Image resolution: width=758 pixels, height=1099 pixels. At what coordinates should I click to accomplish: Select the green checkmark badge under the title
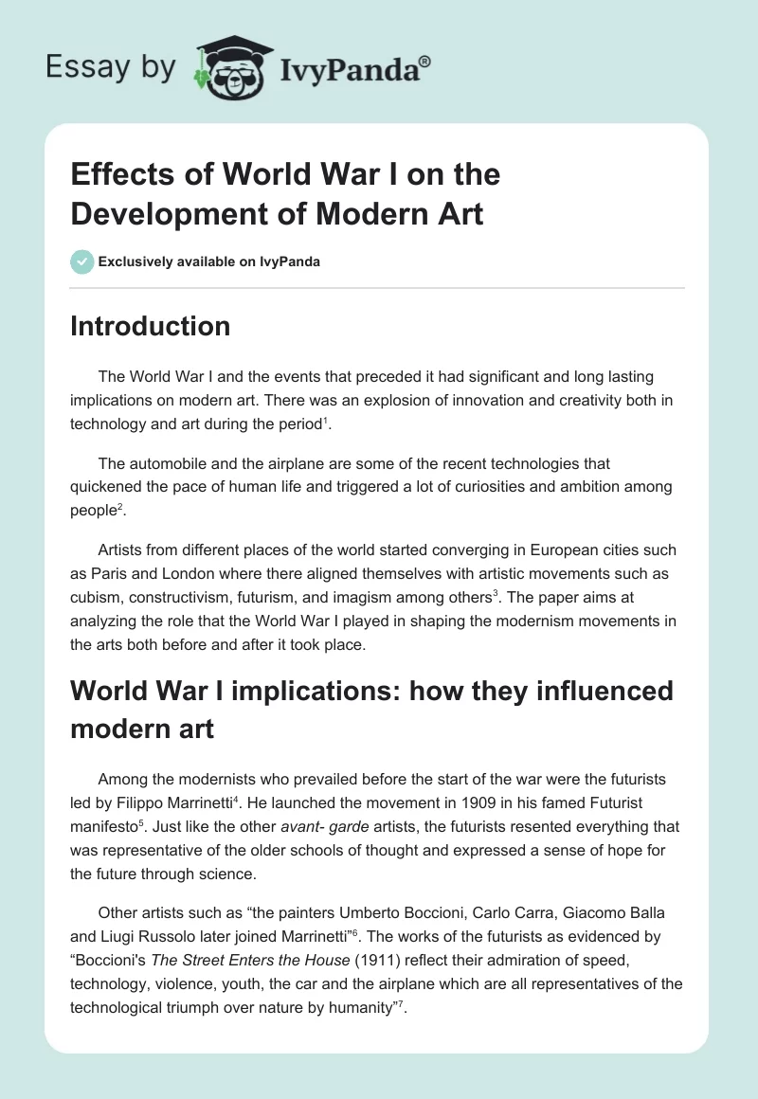tap(82, 261)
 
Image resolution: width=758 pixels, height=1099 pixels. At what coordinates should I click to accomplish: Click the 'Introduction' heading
tap(151, 326)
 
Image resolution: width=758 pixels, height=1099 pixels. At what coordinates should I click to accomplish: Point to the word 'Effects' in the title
tap(120, 174)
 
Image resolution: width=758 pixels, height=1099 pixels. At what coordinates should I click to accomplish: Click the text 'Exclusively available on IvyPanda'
tap(208, 261)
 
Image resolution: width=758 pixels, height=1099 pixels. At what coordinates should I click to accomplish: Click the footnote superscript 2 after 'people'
tap(124, 506)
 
